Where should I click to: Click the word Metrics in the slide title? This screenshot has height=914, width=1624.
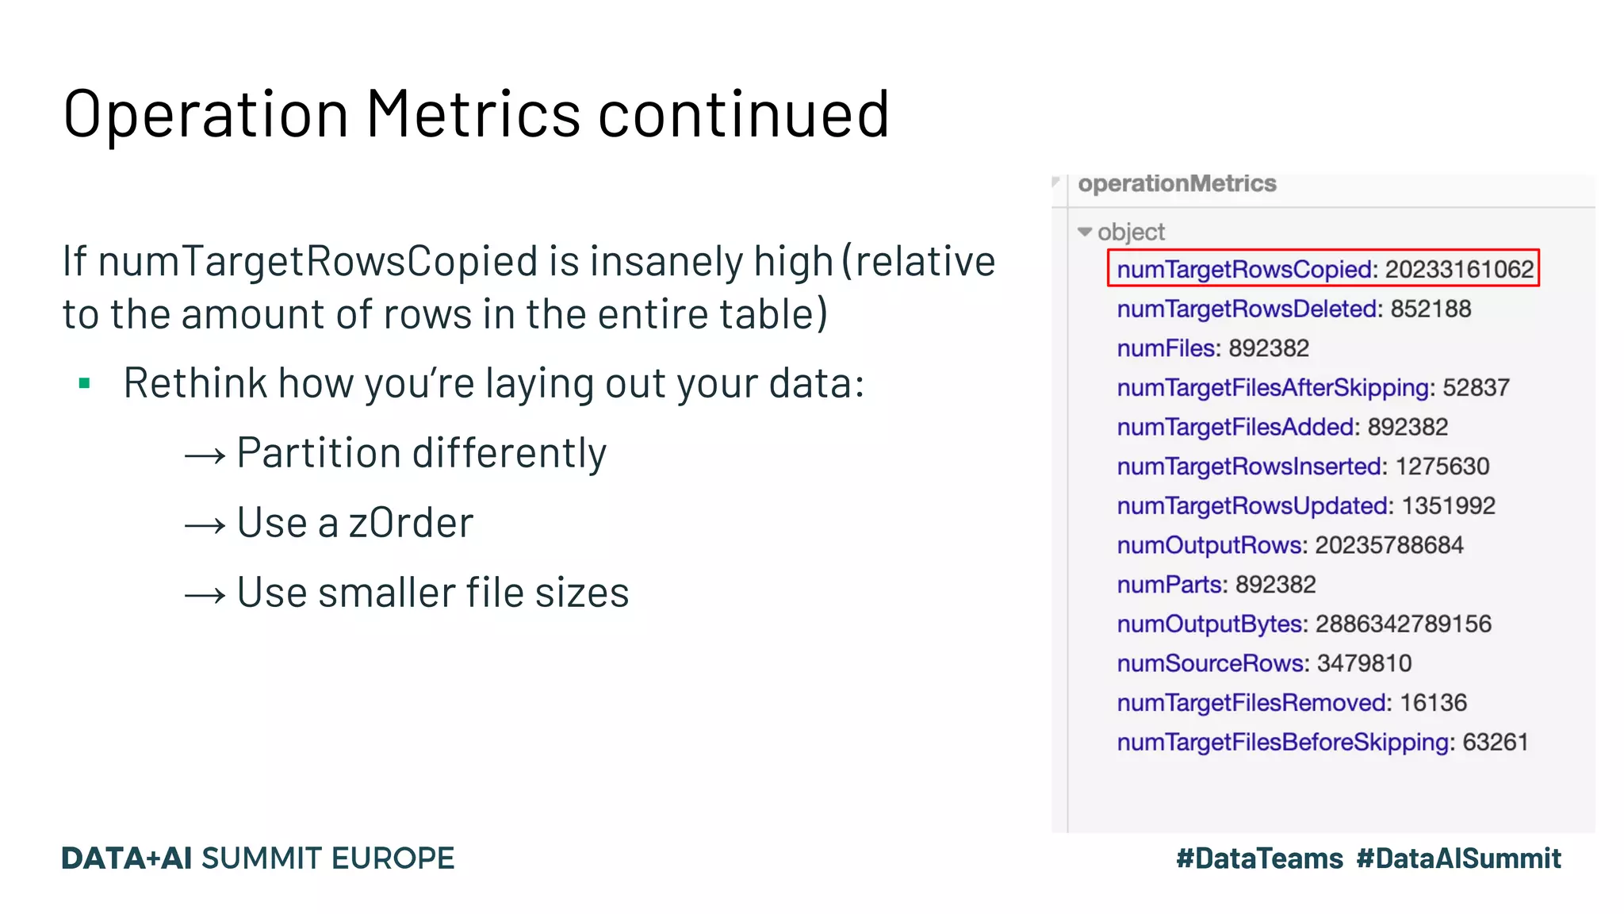tap(473, 114)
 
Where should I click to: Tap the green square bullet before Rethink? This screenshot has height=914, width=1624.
tap(85, 385)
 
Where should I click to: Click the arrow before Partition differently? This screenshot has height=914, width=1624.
tap(205, 455)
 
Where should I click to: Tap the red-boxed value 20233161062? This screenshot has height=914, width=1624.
tap(1459, 270)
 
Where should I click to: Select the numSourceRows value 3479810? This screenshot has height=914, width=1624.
tap(1364, 663)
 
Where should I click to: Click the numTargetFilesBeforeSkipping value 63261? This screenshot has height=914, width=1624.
tap(1495, 742)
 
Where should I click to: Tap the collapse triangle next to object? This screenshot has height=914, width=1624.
tap(1085, 232)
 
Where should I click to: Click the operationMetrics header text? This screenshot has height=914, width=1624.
tap(1177, 184)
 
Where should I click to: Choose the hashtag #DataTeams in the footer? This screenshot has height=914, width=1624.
tap(1259, 858)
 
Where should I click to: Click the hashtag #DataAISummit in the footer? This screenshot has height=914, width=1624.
tap(1458, 858)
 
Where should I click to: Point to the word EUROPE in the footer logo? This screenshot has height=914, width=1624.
tap(393, 858)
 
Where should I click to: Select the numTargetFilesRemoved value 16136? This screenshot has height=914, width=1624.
tap(1433, 703)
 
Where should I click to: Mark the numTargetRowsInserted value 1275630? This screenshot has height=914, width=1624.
tap(1442, 467)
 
